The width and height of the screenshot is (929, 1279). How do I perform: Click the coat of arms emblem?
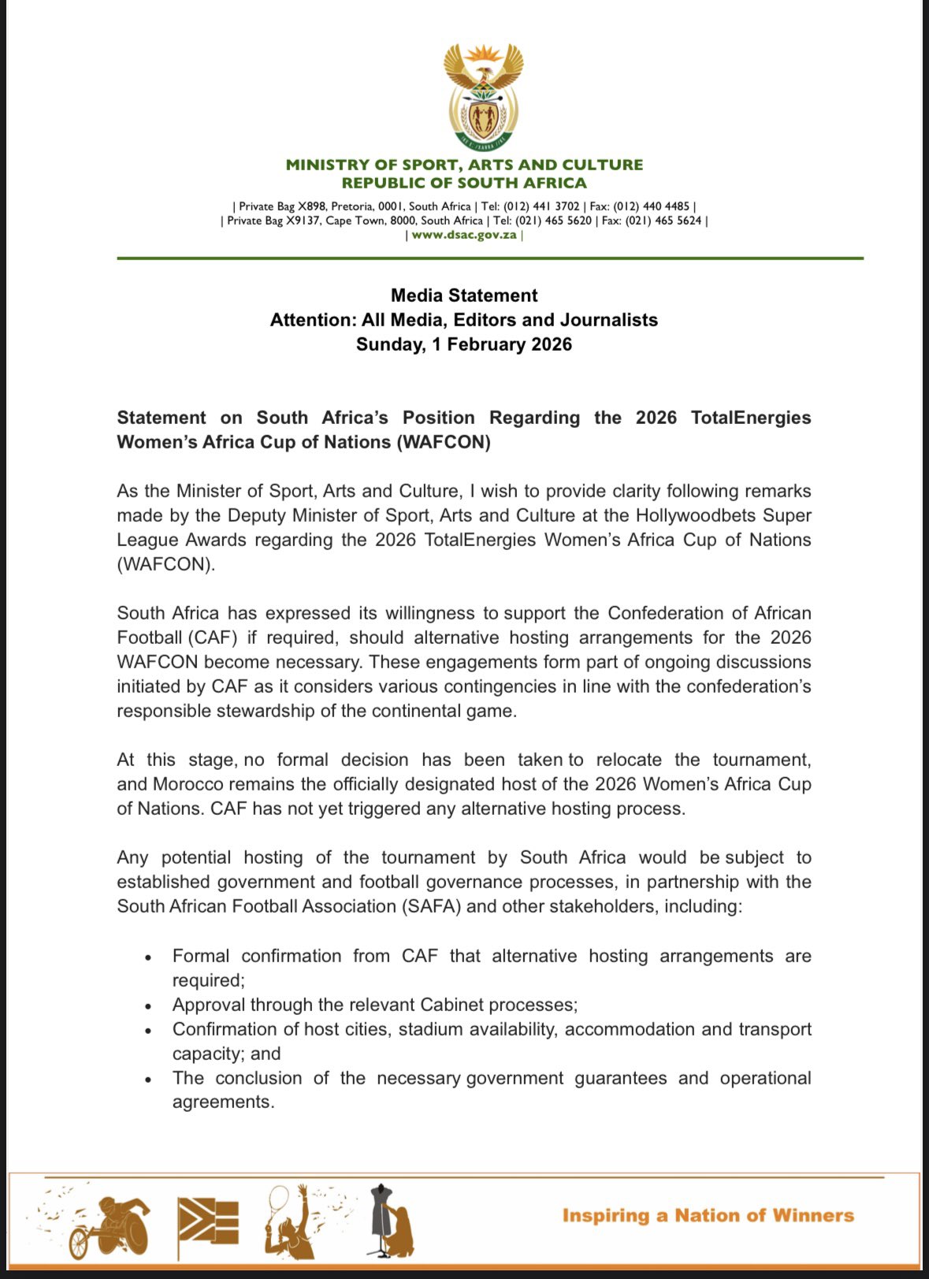coord(483,96)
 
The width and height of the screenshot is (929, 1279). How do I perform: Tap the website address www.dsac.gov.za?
coord(464,235)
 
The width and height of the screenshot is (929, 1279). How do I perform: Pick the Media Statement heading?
coord(464,296)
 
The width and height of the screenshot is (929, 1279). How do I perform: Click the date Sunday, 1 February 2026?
coord(464,344)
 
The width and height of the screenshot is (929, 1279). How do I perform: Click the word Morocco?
coord(188,784)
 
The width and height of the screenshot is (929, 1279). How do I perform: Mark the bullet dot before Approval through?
coord(148,1006)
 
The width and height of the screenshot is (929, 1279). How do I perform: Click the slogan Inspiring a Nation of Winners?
coord(708,1215)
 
